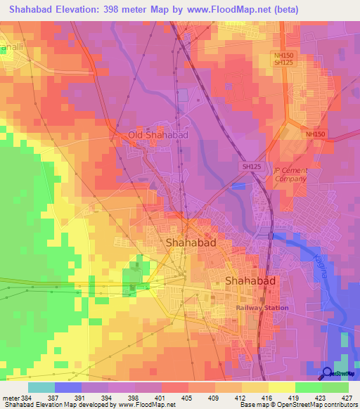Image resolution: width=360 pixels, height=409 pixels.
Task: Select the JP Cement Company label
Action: click(x=290, y=174)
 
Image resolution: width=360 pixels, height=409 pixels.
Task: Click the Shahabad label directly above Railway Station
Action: click(x=250, y=280)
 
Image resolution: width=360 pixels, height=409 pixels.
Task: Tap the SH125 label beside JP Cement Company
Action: click(x=252, y=166)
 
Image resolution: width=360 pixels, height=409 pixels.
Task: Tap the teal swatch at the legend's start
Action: click(x=41, y=387)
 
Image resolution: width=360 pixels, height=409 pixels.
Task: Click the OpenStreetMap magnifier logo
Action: click(x=327, y=374)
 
